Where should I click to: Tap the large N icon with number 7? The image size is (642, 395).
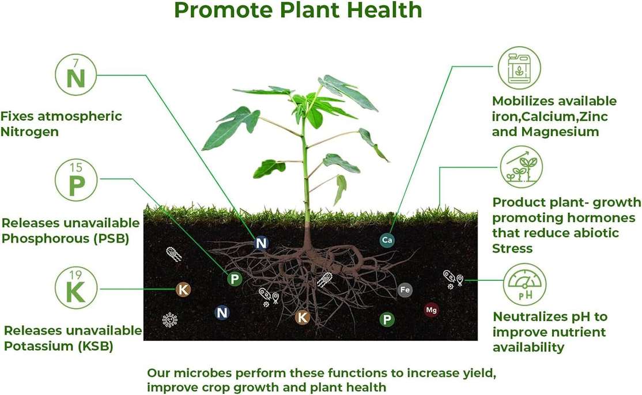tap(75, 74)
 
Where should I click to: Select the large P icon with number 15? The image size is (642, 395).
tap(76, 180)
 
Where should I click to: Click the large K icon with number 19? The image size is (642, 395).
tap(76, 288)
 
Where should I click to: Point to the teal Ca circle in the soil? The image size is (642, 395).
tap(387, 240)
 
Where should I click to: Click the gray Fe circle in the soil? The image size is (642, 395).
tap(405, 289)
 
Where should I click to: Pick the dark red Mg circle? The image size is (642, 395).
tap(431, 310)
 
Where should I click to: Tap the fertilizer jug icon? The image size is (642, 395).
tap(519, 67)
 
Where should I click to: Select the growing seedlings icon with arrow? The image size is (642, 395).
tap(521, 167)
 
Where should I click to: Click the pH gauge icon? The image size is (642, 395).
tap(524, 284)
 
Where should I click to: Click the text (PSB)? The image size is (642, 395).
tap(111, 239)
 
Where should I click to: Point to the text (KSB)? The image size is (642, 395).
tap(96, 346)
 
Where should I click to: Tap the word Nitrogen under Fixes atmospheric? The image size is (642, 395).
tap(29, 132)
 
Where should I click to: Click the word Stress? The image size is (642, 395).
tap(512, 249)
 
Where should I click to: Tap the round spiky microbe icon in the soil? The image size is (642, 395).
tap(169, 319)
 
